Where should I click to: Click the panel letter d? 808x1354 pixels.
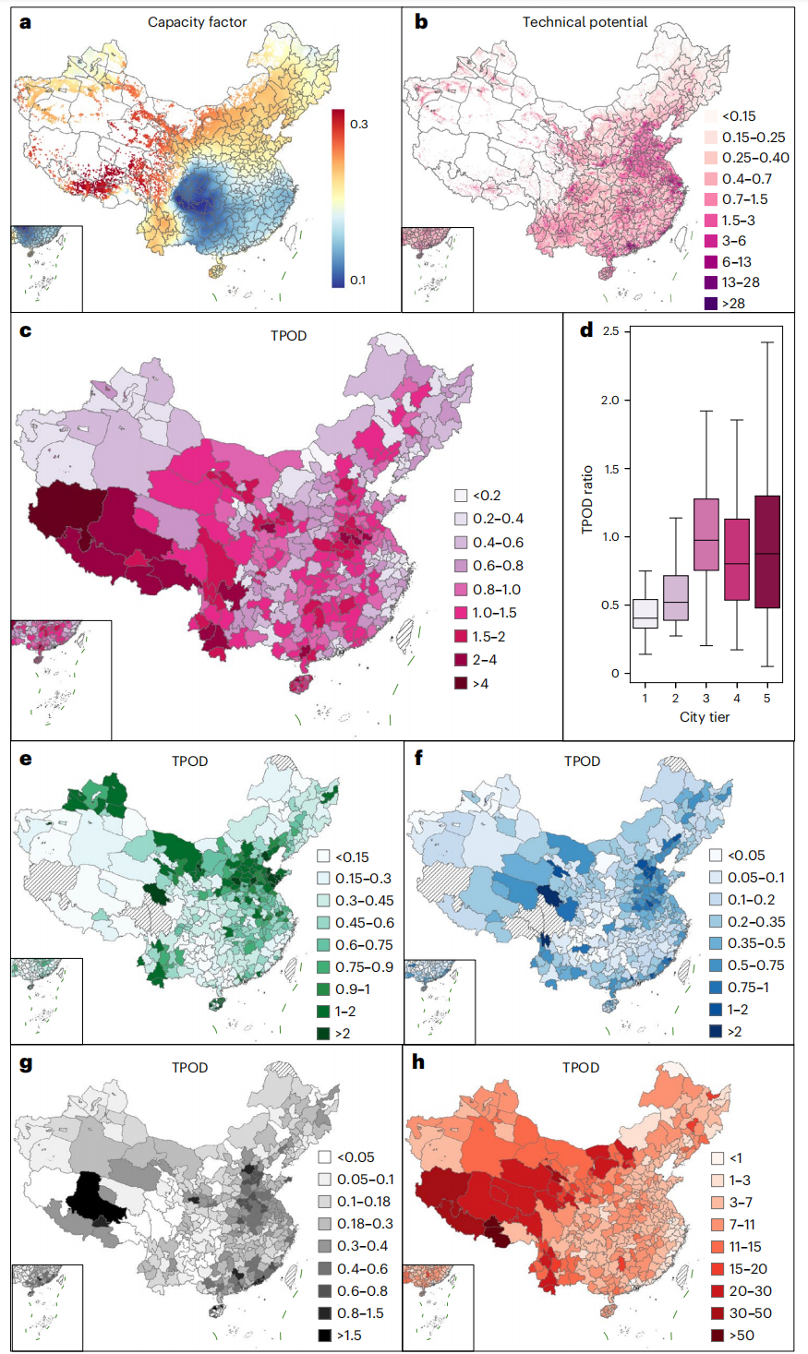[x=585, y=330]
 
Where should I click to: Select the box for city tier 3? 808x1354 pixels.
[x=705, y=534]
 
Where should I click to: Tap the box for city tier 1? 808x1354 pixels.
[x=645, y=613]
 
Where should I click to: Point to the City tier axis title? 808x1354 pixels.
[x=705, y=716]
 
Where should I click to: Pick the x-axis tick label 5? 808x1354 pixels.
[x=766, y=698]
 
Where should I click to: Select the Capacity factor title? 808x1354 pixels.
[x=197, y=21]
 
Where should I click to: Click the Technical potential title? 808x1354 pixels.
[x=585, y=21]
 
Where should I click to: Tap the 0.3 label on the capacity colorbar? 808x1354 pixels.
[x=358, y=124]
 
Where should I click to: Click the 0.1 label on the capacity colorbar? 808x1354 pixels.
[x=358, y=280]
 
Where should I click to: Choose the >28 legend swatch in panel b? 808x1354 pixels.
[x=711, y=303]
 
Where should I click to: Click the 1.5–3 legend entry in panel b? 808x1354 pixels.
[x=738, y=220]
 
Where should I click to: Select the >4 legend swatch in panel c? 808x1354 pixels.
[x=461, y=683]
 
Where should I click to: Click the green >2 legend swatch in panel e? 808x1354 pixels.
[x=323, y=1033]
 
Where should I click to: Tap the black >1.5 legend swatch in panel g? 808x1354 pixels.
[x=324, y=1335]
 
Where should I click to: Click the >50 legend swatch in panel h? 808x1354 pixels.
[x=718, y=1335]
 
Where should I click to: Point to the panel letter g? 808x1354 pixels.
[x=25, y=1063]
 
